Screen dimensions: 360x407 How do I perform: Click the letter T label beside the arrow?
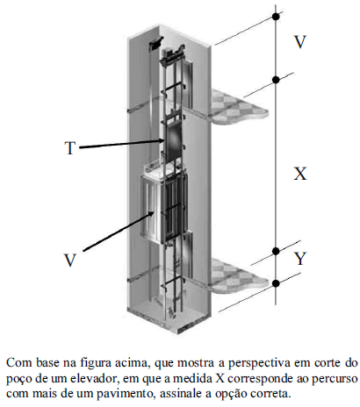click(x=70, y=148)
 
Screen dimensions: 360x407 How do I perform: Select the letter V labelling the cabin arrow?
click(x=70, y=260)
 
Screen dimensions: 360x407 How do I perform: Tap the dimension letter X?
click(x=300, y=174)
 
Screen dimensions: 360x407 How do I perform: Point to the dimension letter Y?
click(x=300, y=259)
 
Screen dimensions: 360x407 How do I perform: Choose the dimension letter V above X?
click(x=300, y=42)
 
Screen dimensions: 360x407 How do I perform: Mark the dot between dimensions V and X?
click(x=276, y=80)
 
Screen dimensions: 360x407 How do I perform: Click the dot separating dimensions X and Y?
click(x=276, y=251)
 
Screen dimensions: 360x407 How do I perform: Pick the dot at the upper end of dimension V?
click(x=276, y=17)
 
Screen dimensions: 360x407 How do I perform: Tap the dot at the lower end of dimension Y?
click(x=276, y=283)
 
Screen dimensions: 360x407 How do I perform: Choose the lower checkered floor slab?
click(x=239, y=275)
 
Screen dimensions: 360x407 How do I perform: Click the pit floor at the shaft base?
click(x=169, y=318)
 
